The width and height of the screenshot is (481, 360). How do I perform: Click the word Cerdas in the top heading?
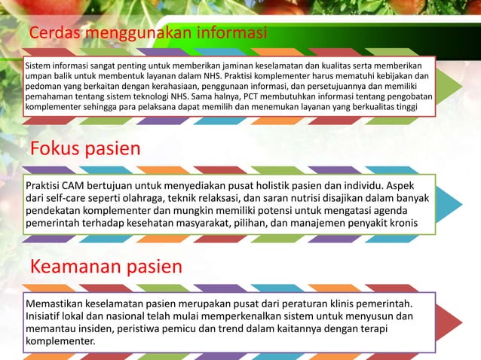point(55,35)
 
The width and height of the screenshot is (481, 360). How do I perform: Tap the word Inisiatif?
point(49,316)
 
